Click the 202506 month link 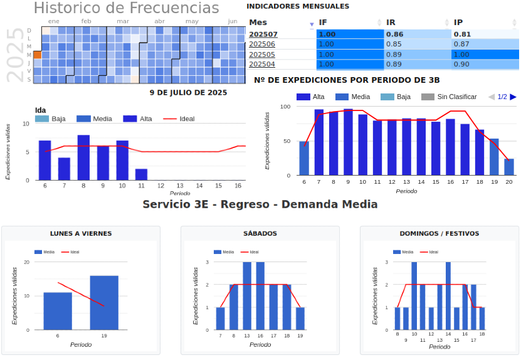(x=262, y=45)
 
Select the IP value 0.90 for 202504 (x=461, y=64)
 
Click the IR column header (x=391, y=23)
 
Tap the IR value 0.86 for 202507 (x=394, y=34)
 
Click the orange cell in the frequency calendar (x=37, y=55)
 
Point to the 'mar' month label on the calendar (x=123, y=21)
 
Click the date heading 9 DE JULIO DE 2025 (x=188, y=93)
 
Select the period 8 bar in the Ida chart (x=83, y=157)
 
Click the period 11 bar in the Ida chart (x=141, y=174)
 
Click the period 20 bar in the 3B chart (x=508, y=167)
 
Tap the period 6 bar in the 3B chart (x=304, y=158)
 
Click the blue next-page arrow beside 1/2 (x=513, y=97)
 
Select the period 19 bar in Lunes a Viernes (x=104, y=302)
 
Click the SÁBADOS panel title (x=260, y=233)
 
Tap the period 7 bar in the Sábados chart (x=220, y=318)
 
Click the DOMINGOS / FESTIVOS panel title (x=439, y=233)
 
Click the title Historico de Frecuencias (x=126, y=8)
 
